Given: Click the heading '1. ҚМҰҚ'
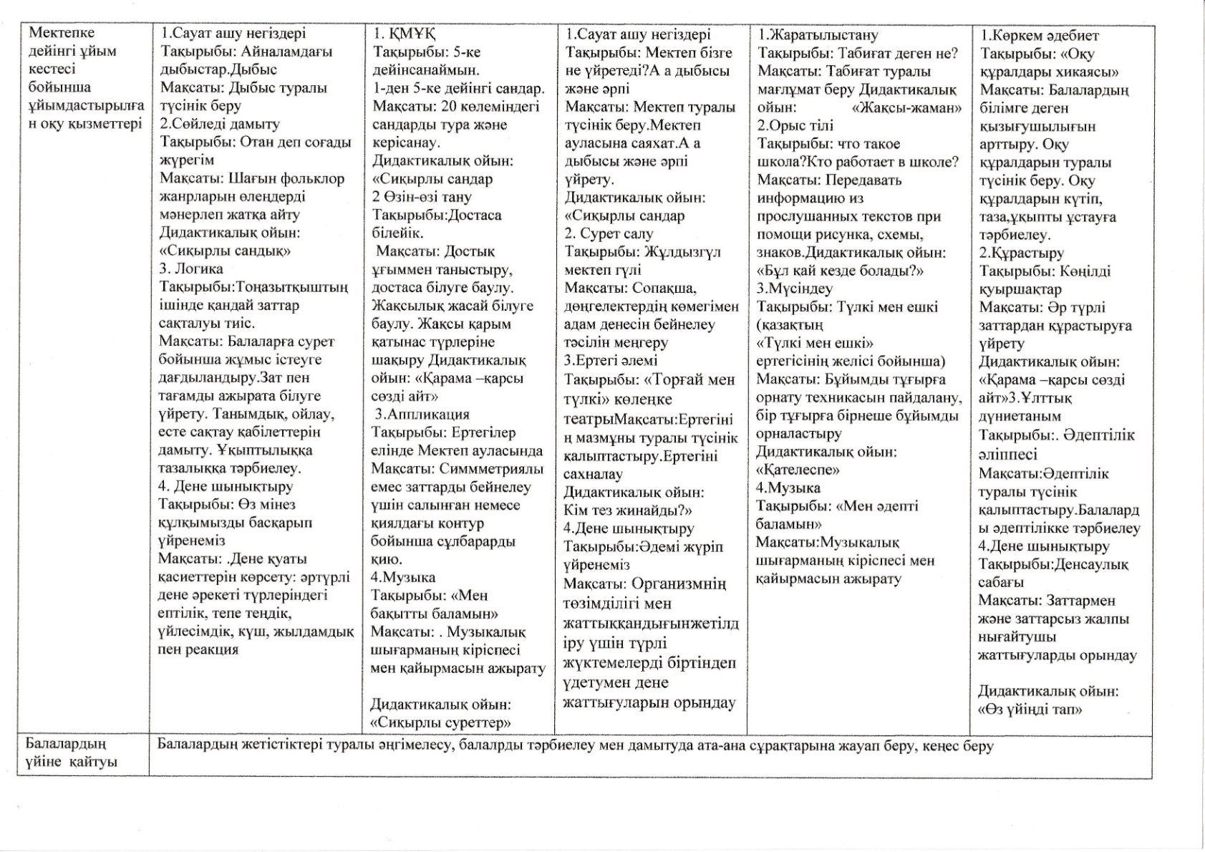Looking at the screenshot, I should [x=405, y=34].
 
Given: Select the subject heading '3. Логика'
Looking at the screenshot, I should [x=191, y=269].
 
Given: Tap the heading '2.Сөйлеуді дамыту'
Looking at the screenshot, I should [x=220, y=124].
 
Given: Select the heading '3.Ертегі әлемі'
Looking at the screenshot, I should [x=611, y=361].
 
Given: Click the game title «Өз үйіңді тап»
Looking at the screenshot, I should [x=1030, y=710].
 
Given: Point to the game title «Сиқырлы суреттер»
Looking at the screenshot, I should [x=440, y=722].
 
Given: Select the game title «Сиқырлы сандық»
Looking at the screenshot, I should [x=225, y=251].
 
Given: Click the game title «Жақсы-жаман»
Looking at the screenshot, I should [x=907, y=107].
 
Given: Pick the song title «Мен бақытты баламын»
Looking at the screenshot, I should [x=435, y=604].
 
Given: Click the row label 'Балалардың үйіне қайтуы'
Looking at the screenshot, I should [x=71, y=753].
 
